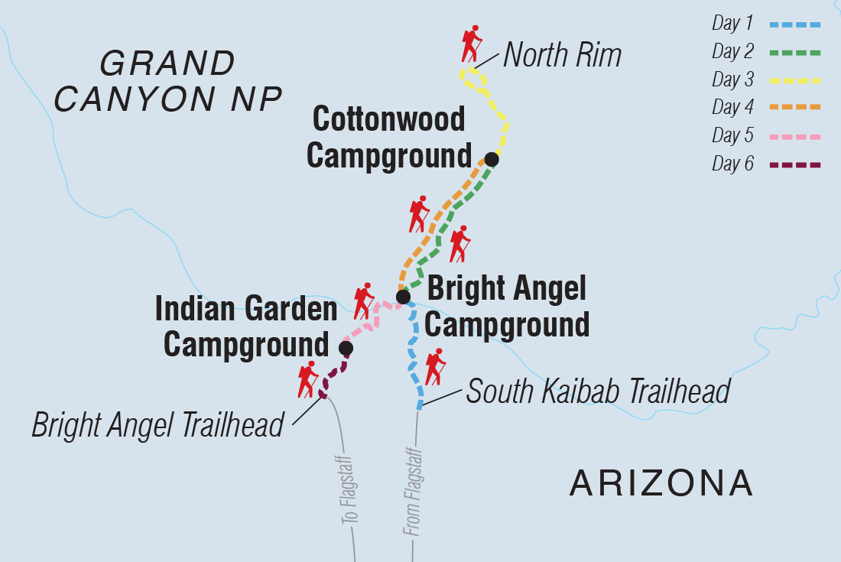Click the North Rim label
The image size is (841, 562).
pos(562,55)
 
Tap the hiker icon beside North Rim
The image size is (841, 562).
pos(471,45)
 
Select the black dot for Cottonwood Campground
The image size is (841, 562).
pos(492,159)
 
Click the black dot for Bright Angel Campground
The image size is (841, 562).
pos(403,297)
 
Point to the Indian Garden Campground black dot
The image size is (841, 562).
pos(346,349)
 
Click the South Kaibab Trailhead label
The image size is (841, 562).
pos(598,391)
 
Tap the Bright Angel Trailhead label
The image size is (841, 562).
pos(157,425)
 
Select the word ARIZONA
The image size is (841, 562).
pos(662,483)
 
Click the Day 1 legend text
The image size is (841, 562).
pos(727,24)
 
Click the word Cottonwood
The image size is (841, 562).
pos(389,119)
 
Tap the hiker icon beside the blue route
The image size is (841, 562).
pos(434,367)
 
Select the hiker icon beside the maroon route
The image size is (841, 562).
pos(308,379)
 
